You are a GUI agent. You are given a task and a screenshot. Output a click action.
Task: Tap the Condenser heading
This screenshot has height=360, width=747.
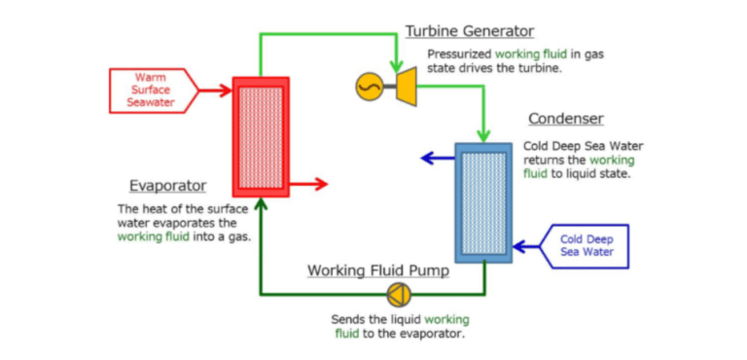[x=565, y=119]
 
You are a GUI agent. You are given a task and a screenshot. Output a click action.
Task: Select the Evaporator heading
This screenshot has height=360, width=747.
[x=167, y=185]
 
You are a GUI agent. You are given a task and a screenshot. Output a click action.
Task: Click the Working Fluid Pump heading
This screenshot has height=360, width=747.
[x=378, y=270]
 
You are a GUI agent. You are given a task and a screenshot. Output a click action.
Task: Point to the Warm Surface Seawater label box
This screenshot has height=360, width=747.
[x=151, y=90]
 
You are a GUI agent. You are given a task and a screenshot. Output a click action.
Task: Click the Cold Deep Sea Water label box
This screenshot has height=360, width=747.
[x=587, y=246]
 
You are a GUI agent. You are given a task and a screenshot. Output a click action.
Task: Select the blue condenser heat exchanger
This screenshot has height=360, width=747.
[x=483, y=202]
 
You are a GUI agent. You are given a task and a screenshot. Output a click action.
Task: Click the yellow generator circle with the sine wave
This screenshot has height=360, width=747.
[x=369, y=88]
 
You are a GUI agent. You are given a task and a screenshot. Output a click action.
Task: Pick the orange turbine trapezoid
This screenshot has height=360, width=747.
[x=402, y=86]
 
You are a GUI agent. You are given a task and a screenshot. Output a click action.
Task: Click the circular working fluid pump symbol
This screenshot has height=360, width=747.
[x=398, y=294]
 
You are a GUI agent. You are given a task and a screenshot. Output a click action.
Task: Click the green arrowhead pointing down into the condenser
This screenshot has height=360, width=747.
[x=483, y=134]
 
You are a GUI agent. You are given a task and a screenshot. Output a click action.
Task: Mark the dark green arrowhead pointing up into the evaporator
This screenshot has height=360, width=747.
[x=260, y=205]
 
